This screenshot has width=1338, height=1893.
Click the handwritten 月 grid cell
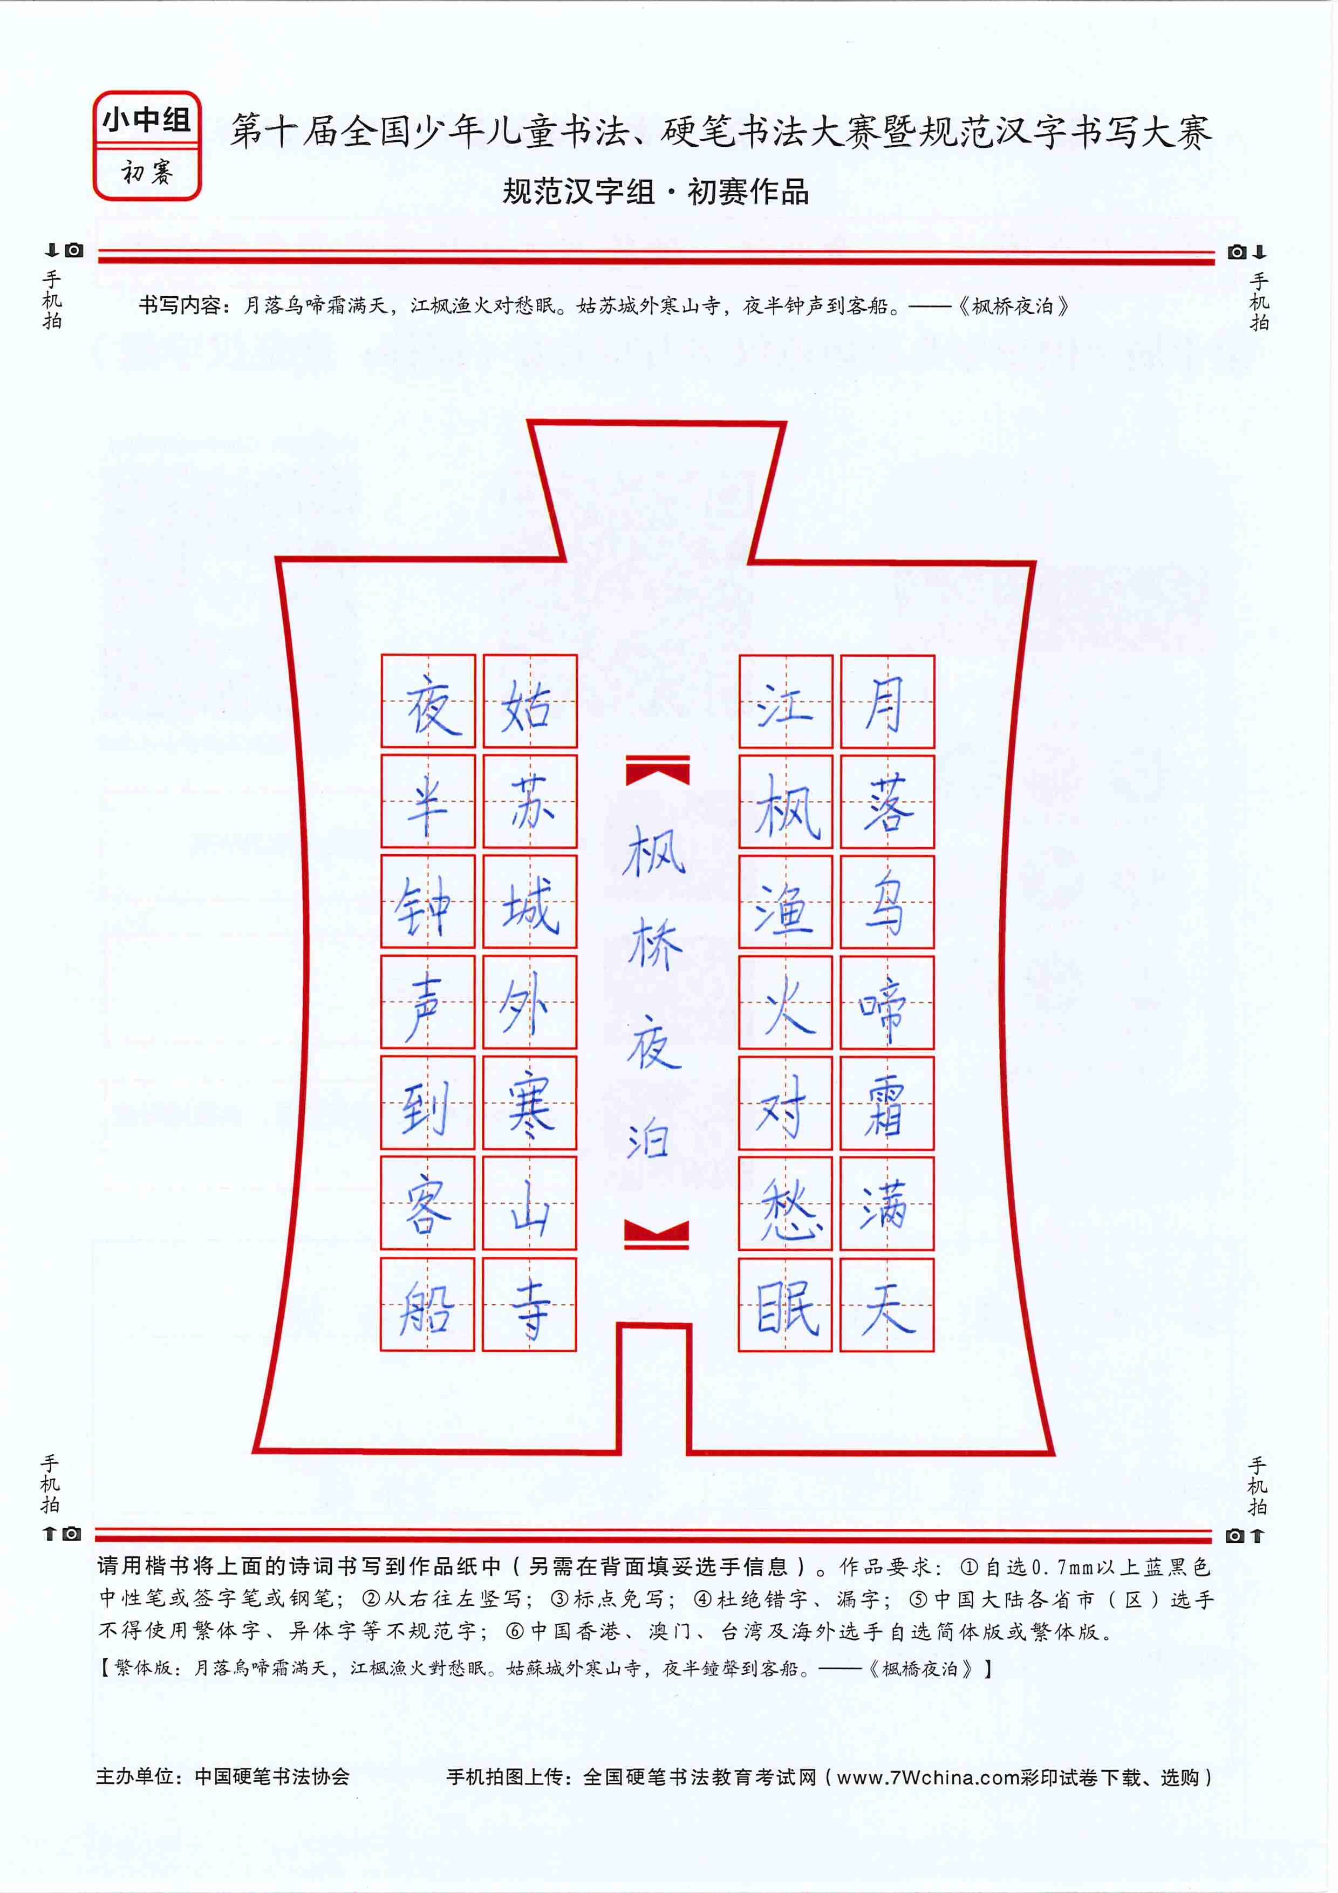[x=887, y=702]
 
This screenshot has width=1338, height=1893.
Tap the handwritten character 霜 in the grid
[x=887, y=1103]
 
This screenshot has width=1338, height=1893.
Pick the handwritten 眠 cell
[x=785, y=1304]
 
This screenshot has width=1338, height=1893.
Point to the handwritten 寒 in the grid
[x=529, y=1103]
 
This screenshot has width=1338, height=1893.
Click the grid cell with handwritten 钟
[x=428, y=902]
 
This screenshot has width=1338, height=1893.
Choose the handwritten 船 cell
[x=427, y=1304]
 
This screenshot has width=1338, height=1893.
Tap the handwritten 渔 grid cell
[x=785, y=902]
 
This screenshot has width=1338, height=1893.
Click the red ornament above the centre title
[x=657, y=770]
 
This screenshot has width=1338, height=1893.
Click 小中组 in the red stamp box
[x=147, y=120]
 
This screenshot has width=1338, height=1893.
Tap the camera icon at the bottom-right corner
[x=1234, y=1535]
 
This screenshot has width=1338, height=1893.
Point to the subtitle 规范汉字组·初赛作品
[x=656, y=192]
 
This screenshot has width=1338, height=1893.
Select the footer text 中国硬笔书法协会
[x=272, y=1777]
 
